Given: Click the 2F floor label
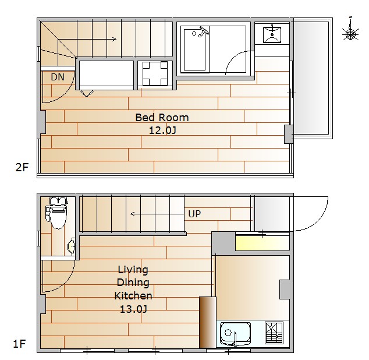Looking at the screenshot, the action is [22, 167].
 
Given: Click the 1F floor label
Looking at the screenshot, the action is [19, 344].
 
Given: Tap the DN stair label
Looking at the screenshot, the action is [58, 77].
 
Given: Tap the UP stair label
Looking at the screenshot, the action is [194, 214].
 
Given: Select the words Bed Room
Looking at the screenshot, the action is [162, 118].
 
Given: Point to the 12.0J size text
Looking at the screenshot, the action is [162, 130].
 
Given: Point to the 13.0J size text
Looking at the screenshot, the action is [133, 309].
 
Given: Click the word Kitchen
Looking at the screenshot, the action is [133, 296].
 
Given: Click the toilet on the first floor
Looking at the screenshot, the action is [56, 213].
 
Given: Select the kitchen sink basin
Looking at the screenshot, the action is [235, 333].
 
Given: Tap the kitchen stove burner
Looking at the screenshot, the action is [274, 333].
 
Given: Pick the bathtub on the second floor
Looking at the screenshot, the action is [194, 50].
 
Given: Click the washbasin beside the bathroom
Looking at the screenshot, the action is [272, 34].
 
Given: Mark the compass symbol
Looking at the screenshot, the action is [350, 32].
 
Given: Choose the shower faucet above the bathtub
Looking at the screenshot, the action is [204, 31].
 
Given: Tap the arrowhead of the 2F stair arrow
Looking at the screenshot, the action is [115, 39].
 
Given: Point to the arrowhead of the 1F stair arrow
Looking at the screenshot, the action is [133, 214].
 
